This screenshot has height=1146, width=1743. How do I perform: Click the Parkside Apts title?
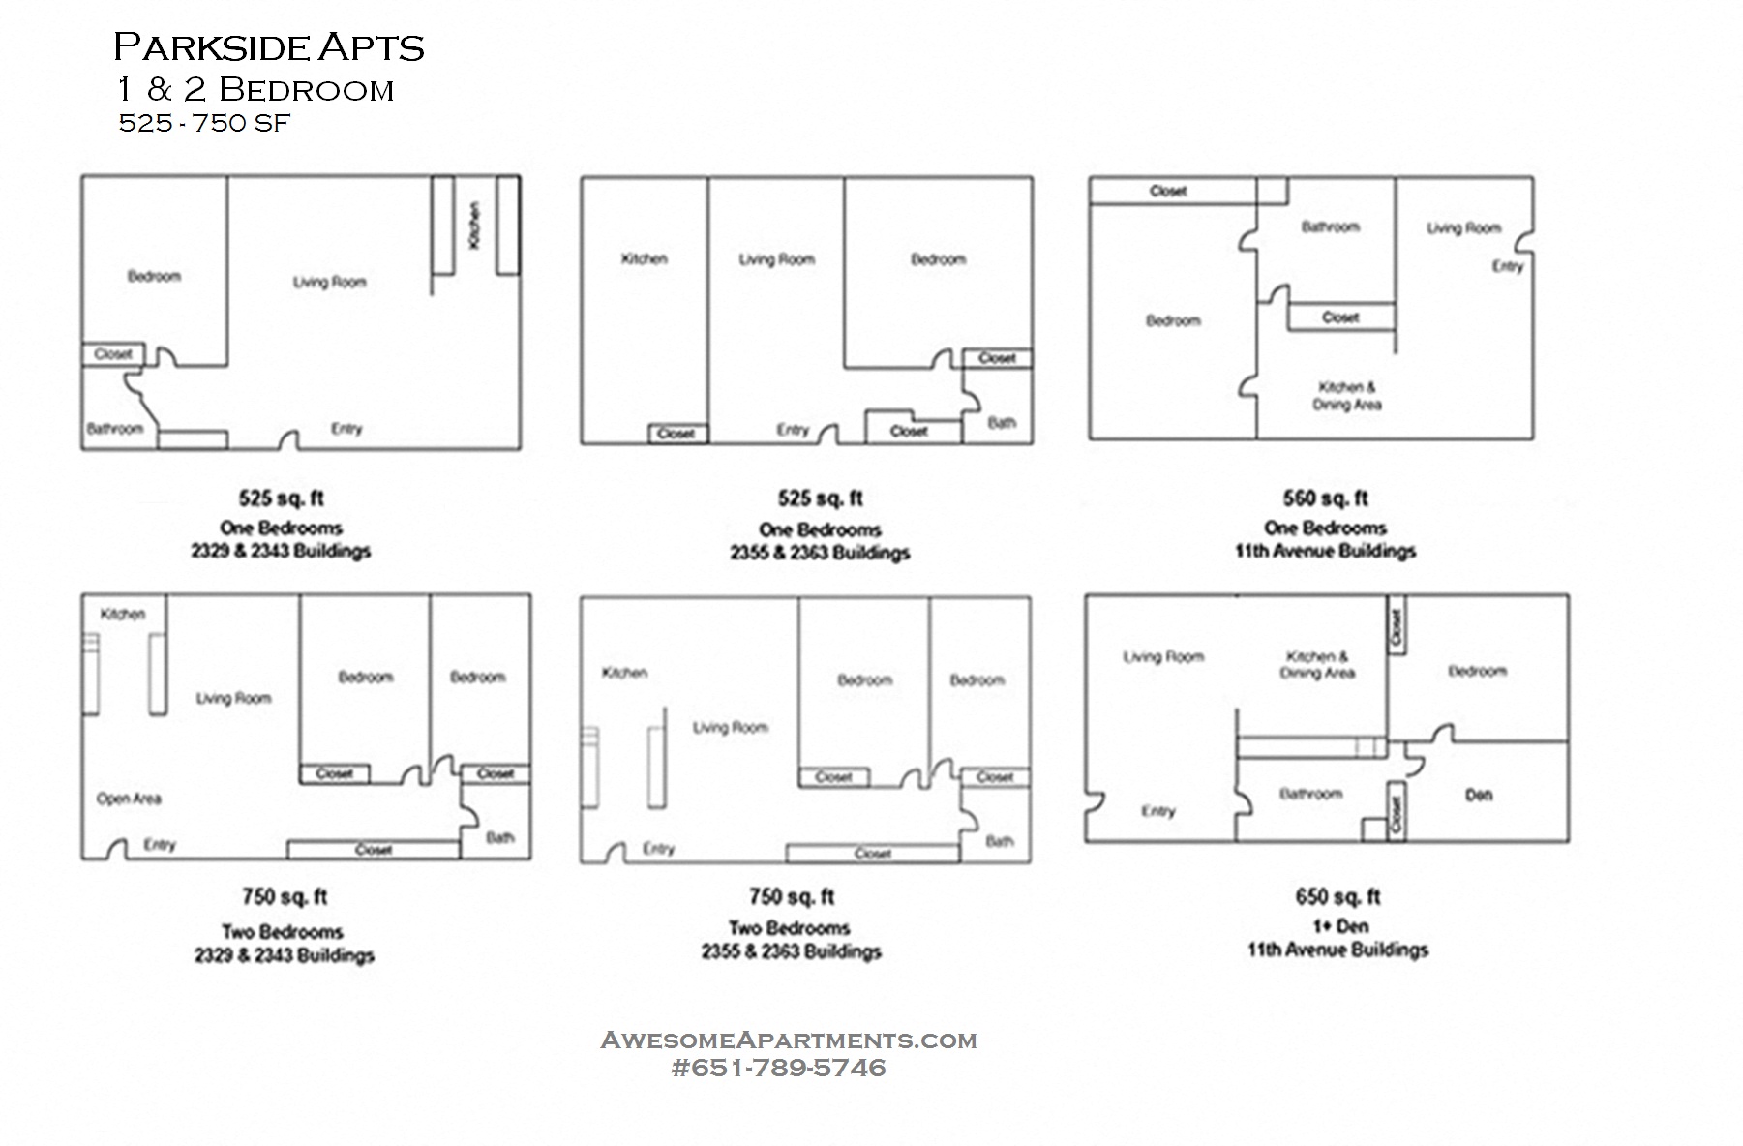click(x=269, y=47)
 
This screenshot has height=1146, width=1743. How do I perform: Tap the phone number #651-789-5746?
click(x=778, y=1068)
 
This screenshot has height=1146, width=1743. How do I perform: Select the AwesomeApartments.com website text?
click(x=789, y=1040)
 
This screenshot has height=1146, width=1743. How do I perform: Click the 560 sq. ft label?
click(x=1325, y=498)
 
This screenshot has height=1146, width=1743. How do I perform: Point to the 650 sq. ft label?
click(x=1337, y=896)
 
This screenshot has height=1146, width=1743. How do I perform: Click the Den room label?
click(x=1478, y=795)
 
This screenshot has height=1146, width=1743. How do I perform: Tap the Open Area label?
click(x=129, y=799)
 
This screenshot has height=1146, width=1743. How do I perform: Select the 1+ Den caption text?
click(x=1339, y=926)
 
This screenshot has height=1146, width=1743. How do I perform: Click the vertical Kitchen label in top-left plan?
click(x=474, y=225)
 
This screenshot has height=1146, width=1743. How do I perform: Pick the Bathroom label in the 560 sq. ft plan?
click(x=1330, y=226)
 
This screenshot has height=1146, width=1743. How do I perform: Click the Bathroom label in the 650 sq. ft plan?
click(x=1310, y=794)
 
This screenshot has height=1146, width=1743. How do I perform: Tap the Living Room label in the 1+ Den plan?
click(x=1163, y=657)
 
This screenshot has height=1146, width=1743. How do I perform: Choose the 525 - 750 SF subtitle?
click(x=204, y=124)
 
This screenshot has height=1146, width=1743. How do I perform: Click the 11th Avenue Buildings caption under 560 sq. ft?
click(x=1325, y=552)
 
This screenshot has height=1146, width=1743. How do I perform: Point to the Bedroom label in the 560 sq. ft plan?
click(x=1173, y=320)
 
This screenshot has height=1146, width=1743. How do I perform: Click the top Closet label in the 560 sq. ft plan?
click(x=1167, y=191)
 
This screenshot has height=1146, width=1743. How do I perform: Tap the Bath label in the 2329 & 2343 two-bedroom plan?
click(x=499, y=837)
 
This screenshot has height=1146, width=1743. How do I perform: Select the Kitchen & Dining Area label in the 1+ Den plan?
click(x=1316, y=664)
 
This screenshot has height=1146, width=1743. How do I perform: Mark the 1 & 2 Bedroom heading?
click(x=255, y=90)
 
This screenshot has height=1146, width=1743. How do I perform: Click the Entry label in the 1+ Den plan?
click(x=1157, y=811)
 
